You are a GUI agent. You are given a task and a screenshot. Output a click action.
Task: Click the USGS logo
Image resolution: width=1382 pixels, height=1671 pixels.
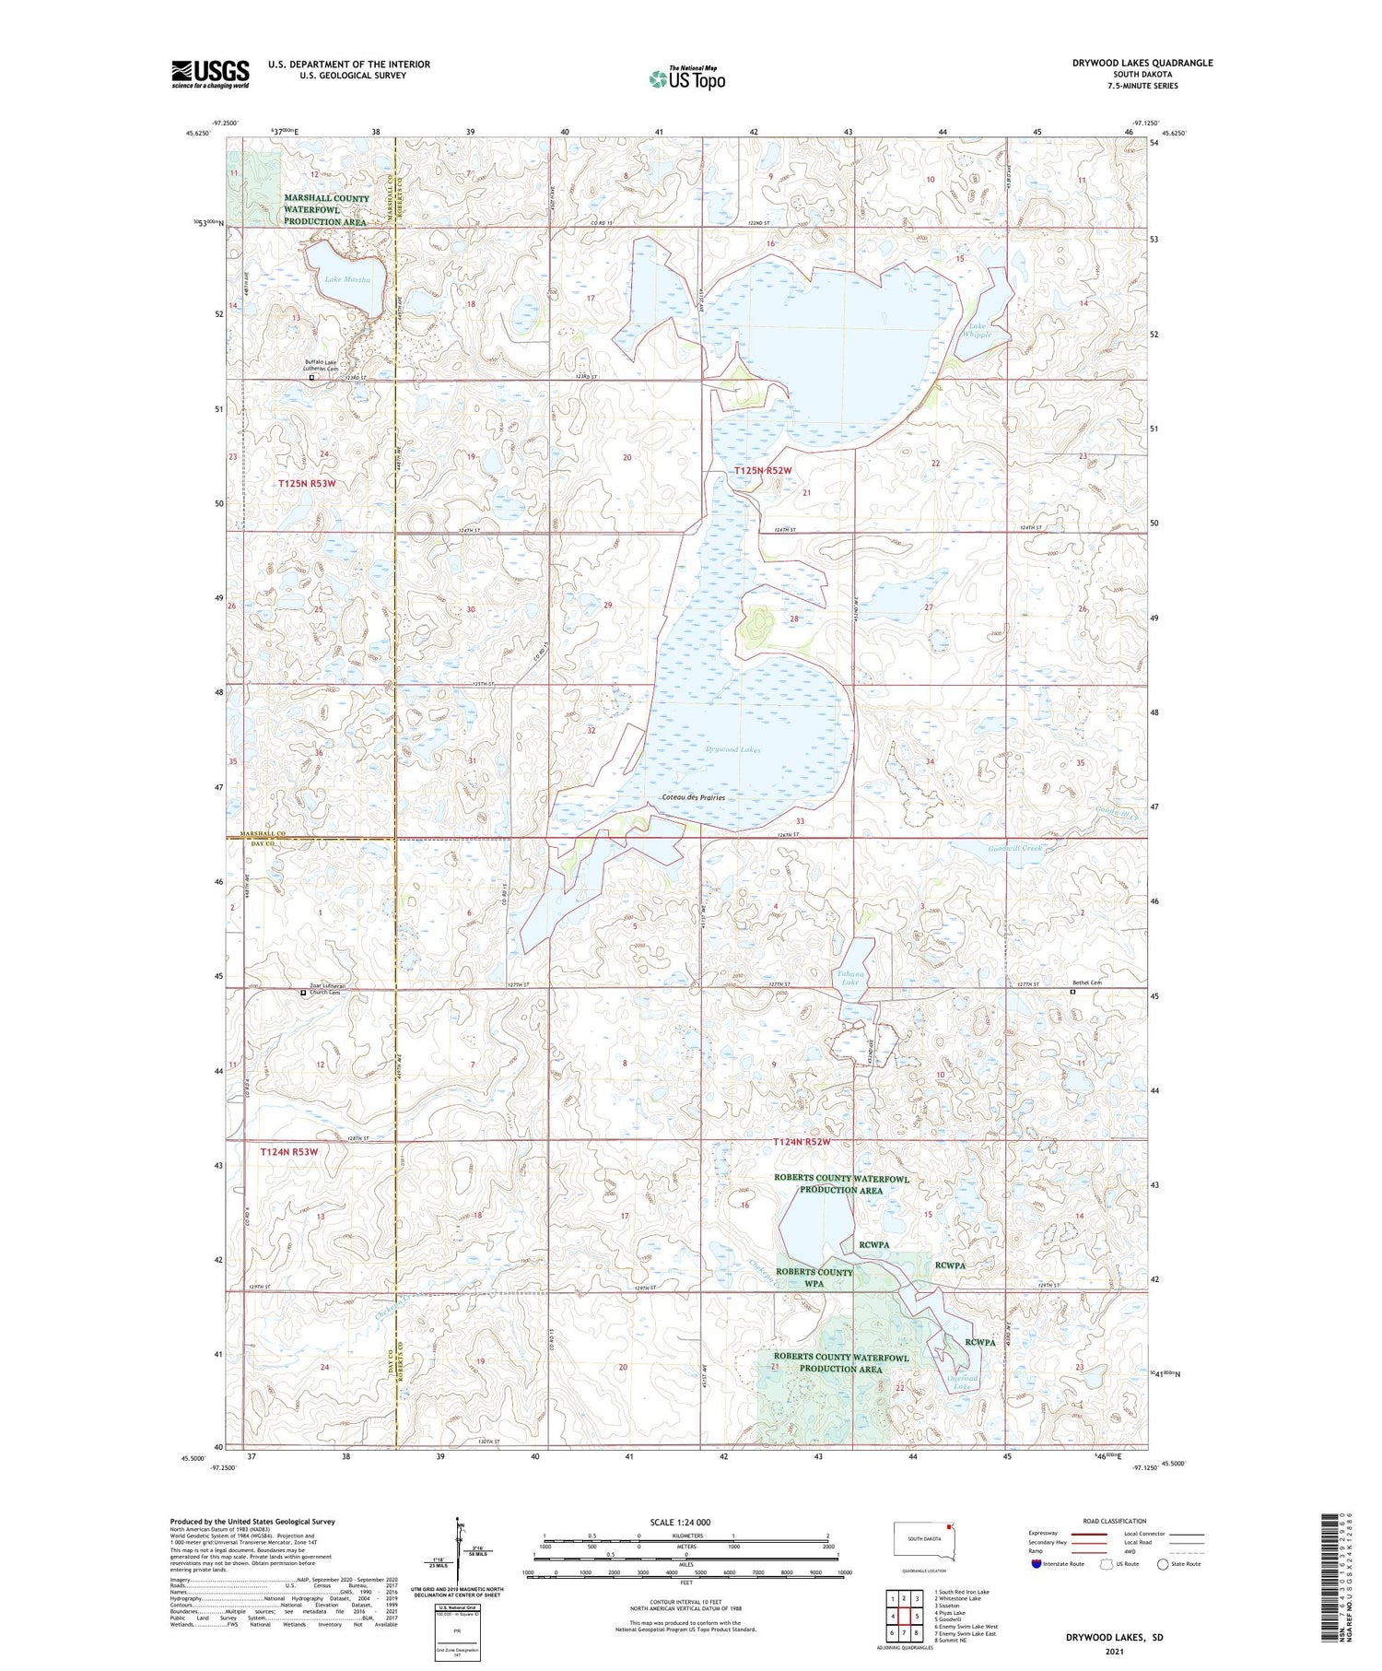[210, 74]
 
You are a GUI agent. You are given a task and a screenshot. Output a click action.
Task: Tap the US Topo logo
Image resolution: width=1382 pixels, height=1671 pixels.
[686, 78]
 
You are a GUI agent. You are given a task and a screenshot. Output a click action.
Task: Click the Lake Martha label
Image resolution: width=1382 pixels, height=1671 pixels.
[347, 279]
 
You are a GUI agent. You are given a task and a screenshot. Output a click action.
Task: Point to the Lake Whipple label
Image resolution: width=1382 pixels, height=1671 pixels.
[978, 331]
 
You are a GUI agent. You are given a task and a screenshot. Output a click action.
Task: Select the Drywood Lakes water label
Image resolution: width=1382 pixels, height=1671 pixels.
[733, 750]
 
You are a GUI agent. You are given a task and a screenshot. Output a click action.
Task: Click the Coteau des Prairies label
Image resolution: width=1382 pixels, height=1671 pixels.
[693, 798]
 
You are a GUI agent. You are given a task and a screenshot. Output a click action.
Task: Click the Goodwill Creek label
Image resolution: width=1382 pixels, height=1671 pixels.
[1013, 848]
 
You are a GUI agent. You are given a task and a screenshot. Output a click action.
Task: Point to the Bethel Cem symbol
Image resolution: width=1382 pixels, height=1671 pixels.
[1072, 993]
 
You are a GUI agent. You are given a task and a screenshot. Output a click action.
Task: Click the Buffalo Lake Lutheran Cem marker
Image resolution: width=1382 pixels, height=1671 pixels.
[311, 377]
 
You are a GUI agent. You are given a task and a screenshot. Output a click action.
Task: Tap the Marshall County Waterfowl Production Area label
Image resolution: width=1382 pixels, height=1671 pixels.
[325, 210]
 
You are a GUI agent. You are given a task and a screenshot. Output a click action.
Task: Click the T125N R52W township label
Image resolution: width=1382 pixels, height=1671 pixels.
[763, 471]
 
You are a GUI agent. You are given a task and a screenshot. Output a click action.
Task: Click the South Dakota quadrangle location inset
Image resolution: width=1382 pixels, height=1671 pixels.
[926, 1542]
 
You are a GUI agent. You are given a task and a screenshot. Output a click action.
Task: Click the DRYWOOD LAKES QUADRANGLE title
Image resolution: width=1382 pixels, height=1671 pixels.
[1142, 64]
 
